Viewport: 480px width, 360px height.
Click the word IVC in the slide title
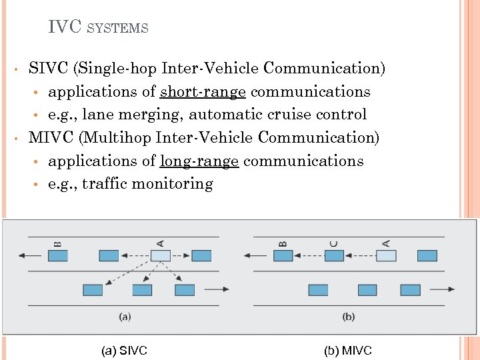[65, 27]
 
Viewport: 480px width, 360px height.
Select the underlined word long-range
[199, 161]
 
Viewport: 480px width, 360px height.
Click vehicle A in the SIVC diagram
[161, 255]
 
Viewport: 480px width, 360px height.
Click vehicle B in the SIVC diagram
[58, 255]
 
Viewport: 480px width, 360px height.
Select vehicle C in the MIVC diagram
[334, 255]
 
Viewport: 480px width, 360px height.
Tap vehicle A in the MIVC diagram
[387, 255]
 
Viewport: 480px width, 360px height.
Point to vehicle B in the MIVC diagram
[283, 255]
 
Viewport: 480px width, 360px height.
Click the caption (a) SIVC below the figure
[124, 350]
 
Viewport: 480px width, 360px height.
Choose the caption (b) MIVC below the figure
[348, 350]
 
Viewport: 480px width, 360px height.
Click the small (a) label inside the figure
[125, 317]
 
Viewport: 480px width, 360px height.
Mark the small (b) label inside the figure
[348, 317]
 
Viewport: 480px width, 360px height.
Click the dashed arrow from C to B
[309, 255]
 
